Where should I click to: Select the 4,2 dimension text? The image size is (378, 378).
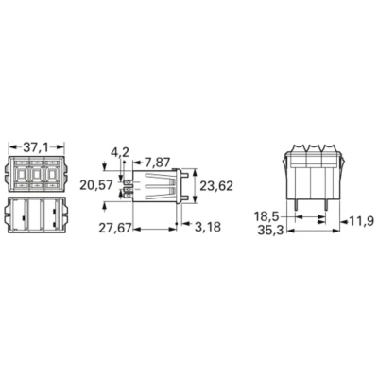(x=120, y=151)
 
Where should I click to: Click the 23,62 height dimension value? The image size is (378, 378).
(x=218, y=186)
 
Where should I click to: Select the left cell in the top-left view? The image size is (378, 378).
(x=23, y=176)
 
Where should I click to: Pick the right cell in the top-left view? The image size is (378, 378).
(x=54, y=176)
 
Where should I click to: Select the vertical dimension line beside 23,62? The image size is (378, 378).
(x=194, y=186)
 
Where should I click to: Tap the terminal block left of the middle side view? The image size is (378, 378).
(x=129, y=186)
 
